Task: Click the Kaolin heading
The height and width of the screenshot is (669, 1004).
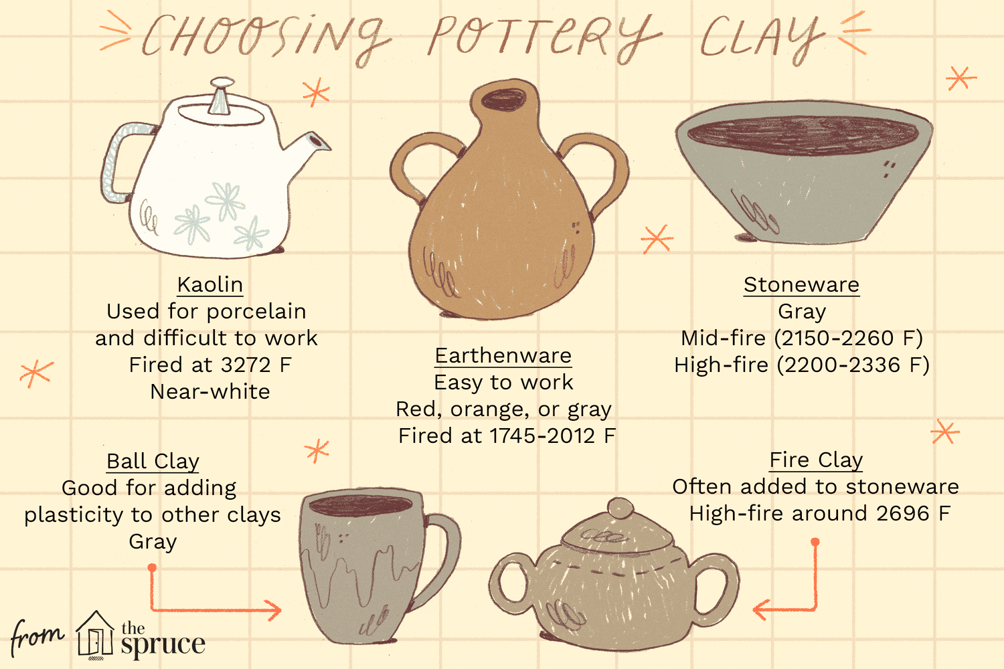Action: click(210, 284)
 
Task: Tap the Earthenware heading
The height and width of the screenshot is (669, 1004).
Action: click(503, 356)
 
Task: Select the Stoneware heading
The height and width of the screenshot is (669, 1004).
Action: click(801, 284)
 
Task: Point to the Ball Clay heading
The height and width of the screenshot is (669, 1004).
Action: click(153, 462)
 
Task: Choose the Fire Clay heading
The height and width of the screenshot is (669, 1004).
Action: click(816, 460)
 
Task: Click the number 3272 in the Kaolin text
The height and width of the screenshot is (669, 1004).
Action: click(246, 365)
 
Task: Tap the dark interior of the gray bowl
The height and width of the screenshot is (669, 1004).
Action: click(803, 134)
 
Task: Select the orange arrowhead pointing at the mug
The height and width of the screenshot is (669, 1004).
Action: click(272, 610)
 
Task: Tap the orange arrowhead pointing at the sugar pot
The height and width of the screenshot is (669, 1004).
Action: click(762, 609)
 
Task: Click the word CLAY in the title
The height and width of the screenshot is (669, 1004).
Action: click(762, 38)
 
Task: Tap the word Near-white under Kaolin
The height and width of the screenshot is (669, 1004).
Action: click(210, 391)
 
